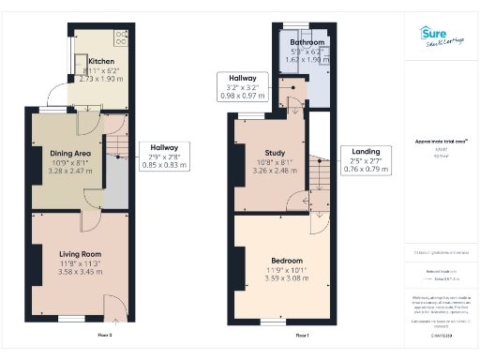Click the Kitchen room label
tap(88, 61)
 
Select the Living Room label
tap(80, 253)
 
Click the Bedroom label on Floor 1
tap(287, 260)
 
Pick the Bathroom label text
tap(307, 43)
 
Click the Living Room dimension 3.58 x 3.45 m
tap(81, 274)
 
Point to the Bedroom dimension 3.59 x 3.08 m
tap(287, 278)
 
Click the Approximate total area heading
tap(442, 142)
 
